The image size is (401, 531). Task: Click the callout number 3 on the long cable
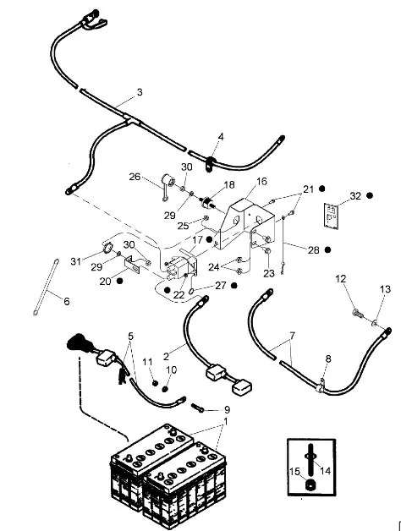click(140, 92)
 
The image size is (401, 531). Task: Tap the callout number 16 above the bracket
click(261, 182)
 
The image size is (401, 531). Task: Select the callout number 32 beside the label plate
click(355, 196)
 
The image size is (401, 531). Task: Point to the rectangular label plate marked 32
click(331, 216)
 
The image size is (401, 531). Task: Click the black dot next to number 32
click(370, 195)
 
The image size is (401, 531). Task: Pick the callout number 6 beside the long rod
click(67, 301)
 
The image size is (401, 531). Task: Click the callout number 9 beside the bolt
click(227, 410)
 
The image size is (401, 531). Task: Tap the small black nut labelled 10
click(166, 388)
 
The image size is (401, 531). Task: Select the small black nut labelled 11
click(155, 383)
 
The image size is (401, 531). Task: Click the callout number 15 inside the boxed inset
click(295, 472)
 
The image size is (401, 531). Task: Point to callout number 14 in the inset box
click(325, 470)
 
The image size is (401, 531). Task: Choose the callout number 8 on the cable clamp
click(327, 359)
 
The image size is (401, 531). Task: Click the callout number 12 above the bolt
click(341, 279)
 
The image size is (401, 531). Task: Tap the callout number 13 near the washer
click(385, 289)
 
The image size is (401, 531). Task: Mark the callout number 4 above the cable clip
click(221, 137)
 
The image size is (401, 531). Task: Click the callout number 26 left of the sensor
click(135, 177)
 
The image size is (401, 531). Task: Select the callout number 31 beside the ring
click(76, 261)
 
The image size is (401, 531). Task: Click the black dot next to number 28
click(327, 250)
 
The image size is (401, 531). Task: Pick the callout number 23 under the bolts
click(269, 273)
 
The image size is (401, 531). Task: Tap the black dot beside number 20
click(119, 281)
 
